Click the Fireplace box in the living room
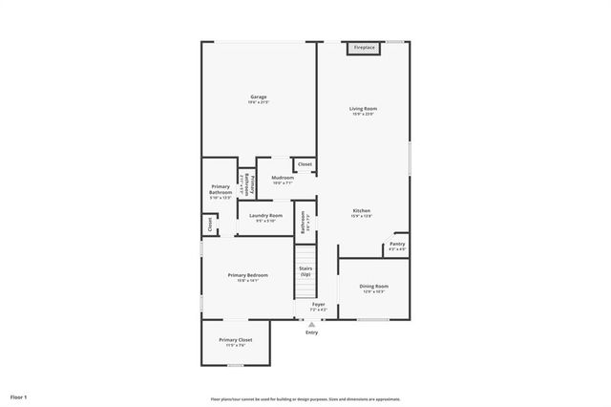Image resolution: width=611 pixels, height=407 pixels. coord(364,48)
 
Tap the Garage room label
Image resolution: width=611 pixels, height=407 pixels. coord(258,98)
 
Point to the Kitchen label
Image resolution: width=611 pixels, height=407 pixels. coord(361,212)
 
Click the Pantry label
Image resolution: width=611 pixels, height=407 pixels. coord(396,246)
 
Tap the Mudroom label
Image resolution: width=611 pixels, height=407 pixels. coord(282,179)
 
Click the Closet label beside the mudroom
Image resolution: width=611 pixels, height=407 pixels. coord(305,165)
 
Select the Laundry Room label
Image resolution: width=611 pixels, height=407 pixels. coord(265,217)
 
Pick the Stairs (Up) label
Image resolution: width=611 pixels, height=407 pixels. coord(305,271)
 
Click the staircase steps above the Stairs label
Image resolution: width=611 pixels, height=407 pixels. coord(305,253)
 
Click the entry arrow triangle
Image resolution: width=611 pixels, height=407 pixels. coord(311,324)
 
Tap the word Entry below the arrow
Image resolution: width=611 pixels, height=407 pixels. coord(311,332)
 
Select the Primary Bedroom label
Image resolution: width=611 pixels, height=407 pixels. coord(247,276)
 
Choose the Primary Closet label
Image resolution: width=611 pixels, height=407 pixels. coord(235,341)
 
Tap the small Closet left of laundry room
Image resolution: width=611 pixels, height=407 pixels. coord(209,225)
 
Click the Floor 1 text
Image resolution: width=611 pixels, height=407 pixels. coord(19,396)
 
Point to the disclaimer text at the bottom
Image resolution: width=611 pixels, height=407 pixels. coord(305,399)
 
